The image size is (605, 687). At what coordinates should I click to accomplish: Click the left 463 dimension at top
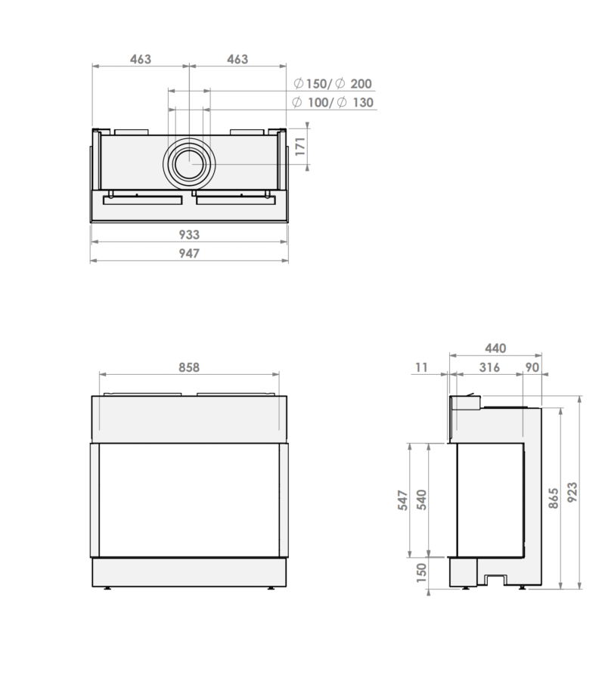pyautogui.click(x=140, y=59)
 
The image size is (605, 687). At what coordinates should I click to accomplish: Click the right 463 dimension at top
pyautogui.click(x=237, y=59)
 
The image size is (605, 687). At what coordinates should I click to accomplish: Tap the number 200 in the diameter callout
pyautogui.click(x=361, y=84)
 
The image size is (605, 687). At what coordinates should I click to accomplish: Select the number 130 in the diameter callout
pyautogui.click(x=362, y=103)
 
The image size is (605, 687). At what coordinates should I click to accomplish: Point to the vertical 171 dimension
pyautogui.click(x=300, y=144)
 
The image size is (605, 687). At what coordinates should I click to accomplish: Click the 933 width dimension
pyautogui.click(x=188, y=234)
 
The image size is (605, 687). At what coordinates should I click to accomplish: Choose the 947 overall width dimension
pyautogui.click(x=188, y=253)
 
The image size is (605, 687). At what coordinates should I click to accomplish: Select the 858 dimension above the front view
pyautogui.click(x=189, y=367)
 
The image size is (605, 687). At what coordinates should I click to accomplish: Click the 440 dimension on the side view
pyautogui.click(x=495, y=348)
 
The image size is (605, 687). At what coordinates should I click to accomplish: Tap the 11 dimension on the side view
pyautogui.click(x=421, y=368)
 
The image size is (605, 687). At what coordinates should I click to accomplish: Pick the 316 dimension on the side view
pyautogui.click(x=490, y=368)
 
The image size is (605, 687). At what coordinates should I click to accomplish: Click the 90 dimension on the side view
pyautogui.click(x=532, y=368)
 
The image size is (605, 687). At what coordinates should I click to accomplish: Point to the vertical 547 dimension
pyautogui.click(x=402, y=500)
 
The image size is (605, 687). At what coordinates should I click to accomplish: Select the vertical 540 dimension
pyautogui.click(x=423, y=500)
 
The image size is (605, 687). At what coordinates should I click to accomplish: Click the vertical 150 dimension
pyautogui.click(x=422, y=574)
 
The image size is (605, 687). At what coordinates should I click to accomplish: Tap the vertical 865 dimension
pyautogui.click(x=554, y=498)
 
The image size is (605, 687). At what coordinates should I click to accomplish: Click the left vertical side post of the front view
pyautogui.click(x=95, y=500)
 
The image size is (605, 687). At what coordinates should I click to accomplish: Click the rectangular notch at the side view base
pyautogui.click(x=495, y=580)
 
